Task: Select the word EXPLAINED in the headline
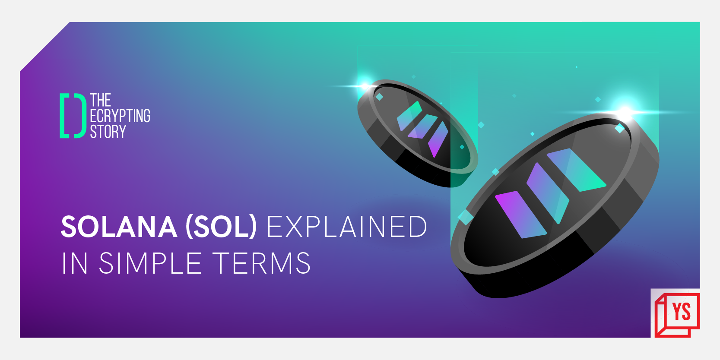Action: pyautogui.click(x=347, y=227)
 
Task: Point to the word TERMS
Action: pyautogui.click(x=262, y=263)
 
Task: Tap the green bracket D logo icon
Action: pyautogui.click(x=72, y=116)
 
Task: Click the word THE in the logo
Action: pyautogui.click(x=101, y=100)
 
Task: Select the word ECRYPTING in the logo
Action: pyautogui.click(x=120, y=116)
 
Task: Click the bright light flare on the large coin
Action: pyautogui.click(x=625, y=112)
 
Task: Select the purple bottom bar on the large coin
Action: pyautogui.click(x=520, y=214)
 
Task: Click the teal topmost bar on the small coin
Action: pyautogui.click(x=409, y=116)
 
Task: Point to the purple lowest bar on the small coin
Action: pyautogui.click(x=438, y=139)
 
